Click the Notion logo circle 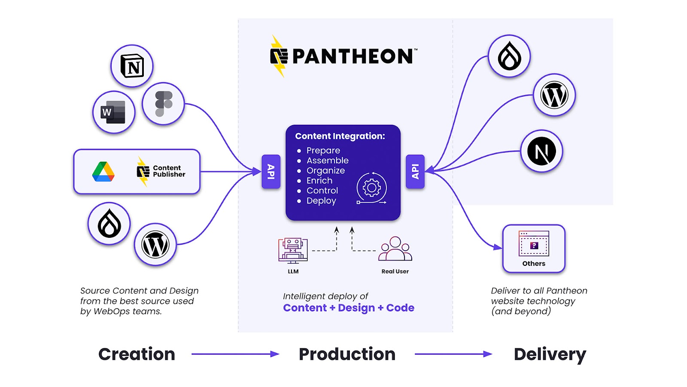click(x=132, y=66)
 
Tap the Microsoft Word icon click(x=114, y=112)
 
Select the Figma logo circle click(x=163, y=104)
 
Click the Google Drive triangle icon click(x=103, y=172)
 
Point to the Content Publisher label click(x=169, y=171)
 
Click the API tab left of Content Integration click(x=271, y=172)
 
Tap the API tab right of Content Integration click(x=415, y=172)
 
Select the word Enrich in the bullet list click(x=319, y=181)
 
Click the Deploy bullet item click(x=321, y=201)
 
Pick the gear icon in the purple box click(x=371, y=188)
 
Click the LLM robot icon click(x=293, y=250)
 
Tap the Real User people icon click(x=395, y=249)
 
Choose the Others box click(x=534, y=249)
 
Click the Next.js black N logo click(x=541, y=151)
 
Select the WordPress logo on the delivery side click(x=554, y=95)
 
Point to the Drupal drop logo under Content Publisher click(x=109, y=224)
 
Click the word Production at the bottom click(x=347, y=354)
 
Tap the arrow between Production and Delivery click(x=453, y=354)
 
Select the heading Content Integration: click(x=340, y=136)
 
